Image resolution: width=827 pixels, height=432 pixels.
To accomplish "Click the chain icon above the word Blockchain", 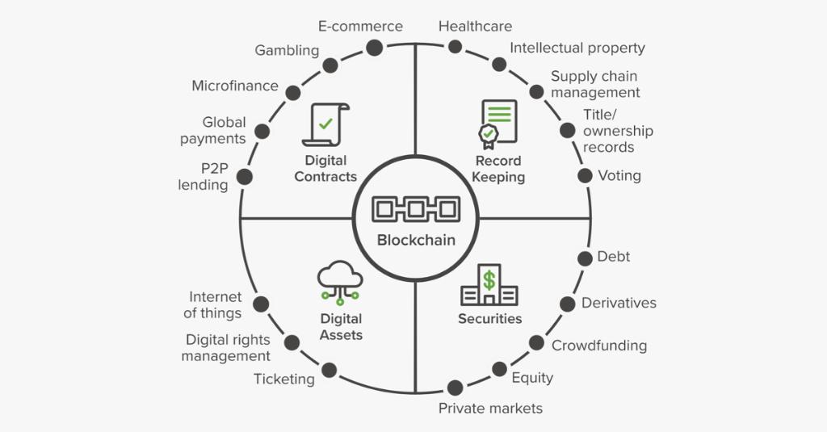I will [x=415, y=209].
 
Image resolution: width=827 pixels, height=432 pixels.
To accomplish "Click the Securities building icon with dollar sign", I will [x=489, y=285].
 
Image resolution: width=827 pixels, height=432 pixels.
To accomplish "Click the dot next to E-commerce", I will [x=374, y=48].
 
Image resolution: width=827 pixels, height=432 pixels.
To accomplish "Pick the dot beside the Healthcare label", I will [x=455, y=47].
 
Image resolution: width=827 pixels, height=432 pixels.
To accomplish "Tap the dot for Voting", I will [x=585, y=175].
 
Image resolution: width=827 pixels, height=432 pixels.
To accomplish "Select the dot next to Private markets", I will [x=455, y=388].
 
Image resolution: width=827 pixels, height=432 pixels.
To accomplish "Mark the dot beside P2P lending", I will [x=244, y=176].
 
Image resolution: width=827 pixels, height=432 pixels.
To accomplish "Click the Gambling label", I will [x=287, y=51].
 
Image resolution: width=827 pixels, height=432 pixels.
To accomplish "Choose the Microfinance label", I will [x=235, y=86].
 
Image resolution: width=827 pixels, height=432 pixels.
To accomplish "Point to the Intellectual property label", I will [x=577, y=48].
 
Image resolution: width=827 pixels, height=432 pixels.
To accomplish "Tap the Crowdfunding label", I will [x=599, y=346].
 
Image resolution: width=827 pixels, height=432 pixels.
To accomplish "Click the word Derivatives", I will [x=619, y=303].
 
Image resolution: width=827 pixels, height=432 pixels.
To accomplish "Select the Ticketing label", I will [x=284, y=379].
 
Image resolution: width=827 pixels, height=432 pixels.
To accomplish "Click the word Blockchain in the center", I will [x=416, y=240].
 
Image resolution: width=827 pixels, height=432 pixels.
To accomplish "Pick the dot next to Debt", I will [x=585, y=258].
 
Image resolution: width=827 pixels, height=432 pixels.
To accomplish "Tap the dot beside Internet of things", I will [x=260, y=304].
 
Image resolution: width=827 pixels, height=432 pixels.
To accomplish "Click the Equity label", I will [x=532, y=377].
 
